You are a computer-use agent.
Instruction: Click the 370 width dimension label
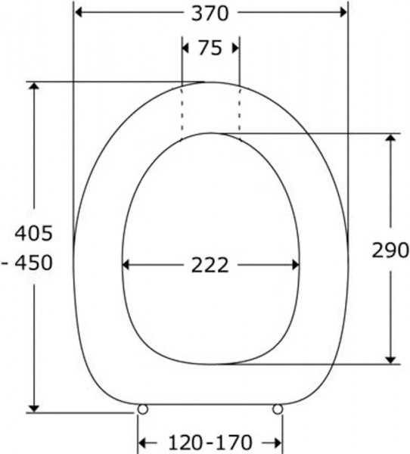(x=210, y=14)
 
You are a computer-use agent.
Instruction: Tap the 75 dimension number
(x=210, y=48)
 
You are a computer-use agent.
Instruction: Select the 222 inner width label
(x=210, y=265)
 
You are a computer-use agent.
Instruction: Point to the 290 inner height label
(x=390, y=250)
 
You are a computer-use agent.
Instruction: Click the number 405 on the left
(x=34, y=233)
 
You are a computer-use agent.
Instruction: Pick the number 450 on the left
(x=34, y=263)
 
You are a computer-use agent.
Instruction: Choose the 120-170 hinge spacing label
(x=210, y=443)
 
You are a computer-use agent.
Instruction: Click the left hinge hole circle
(x=142, y=409)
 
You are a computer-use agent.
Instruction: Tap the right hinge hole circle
(x=278, y=409)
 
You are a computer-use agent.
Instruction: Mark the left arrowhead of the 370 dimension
(x=78, y=12)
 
